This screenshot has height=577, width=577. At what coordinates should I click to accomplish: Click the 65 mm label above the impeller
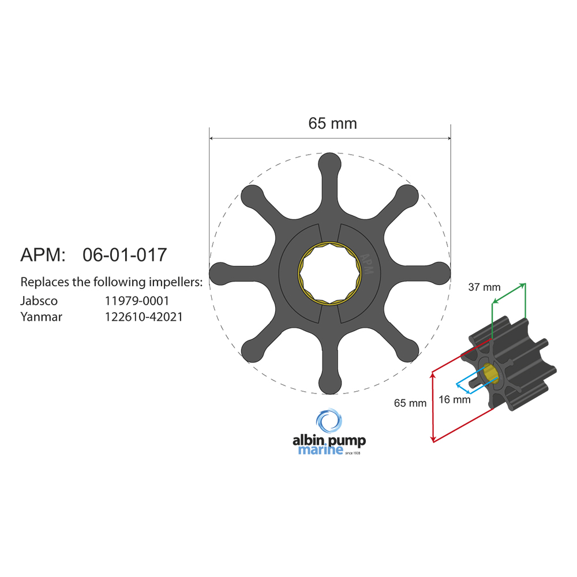click(x=332, y=123)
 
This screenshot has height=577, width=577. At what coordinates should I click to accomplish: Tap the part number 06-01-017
click(x=125, y=254)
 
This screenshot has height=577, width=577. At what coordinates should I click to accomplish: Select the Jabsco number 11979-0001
click(x=137, y=301)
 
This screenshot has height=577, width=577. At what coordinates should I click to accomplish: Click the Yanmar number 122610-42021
click(x=144, y=316)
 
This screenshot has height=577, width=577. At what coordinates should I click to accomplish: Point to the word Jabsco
click(x=39, y=301)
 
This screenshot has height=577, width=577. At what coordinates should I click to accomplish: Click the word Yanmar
click(x=41, y=316)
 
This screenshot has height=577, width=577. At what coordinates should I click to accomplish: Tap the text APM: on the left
click(x=44, y=254)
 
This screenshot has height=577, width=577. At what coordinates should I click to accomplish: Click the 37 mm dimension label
click(x=484, y=287)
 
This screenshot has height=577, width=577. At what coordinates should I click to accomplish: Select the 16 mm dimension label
click(x=454, y=399)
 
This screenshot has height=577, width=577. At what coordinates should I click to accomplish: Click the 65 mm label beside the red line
click(x=410, y=403)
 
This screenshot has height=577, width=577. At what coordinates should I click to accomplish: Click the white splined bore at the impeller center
click(x=329, y=273)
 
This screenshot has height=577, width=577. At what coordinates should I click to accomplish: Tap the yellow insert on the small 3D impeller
click(x=491, y=373)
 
